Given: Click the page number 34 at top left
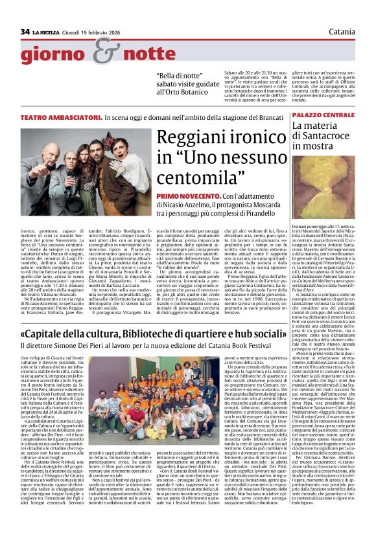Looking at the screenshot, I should [x=25, y=31].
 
